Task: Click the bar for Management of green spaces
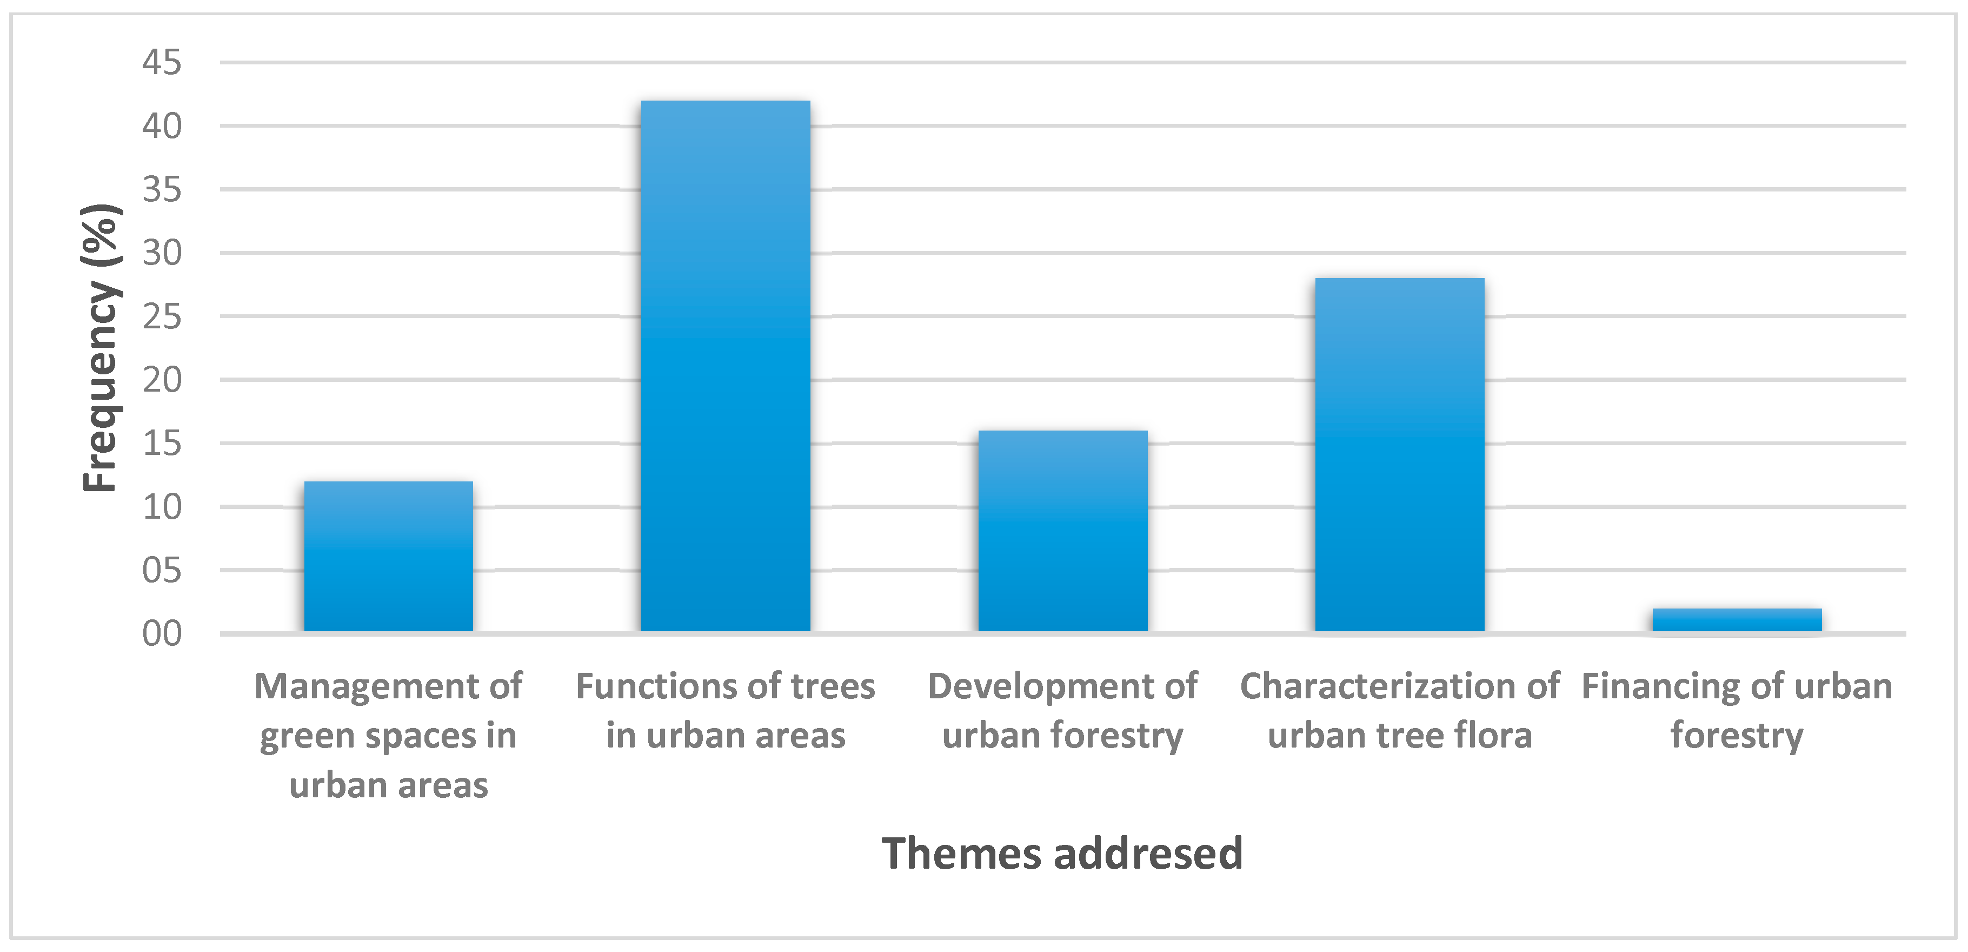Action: pyautogui.click(x=388, y=556)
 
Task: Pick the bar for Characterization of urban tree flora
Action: pyautogui.click(x=1399, y=454)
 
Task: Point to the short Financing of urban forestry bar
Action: pyautogui.click(x=1737, y=620)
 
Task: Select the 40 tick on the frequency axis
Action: pyautogui.click(x=162, y=126)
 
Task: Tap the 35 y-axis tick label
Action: pyautogui.click(x=162, y=189)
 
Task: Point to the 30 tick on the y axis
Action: pyautogui.click(x=162, y=253)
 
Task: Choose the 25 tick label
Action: pyautogui.click(x=162, y=316)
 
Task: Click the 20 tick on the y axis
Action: pyautogui.click(x=162, y=380)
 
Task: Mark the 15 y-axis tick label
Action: pyautogui.click(x=162, y=443)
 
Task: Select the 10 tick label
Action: pyautogui.click(x=162, y=507)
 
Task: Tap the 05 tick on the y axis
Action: pyautogui.click(x=162, y=570)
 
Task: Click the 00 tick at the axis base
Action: pyautogui.click(x=162, y=633)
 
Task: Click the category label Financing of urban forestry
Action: pyautogui.click(x=1737, y=711)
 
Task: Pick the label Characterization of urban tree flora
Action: pyautogui.click(x=1399, y=711)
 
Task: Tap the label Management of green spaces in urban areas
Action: pyautogui.click(x=388, y=735)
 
